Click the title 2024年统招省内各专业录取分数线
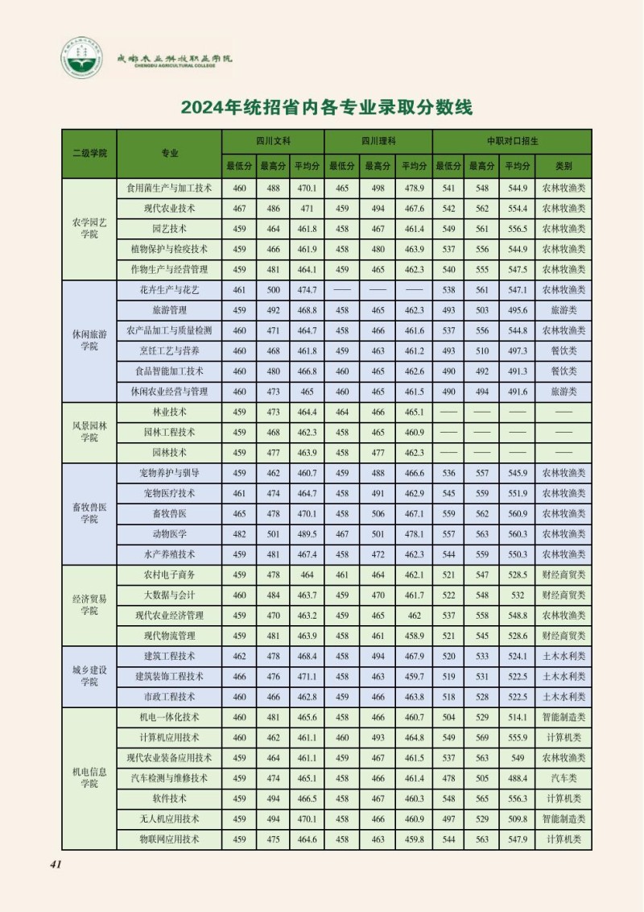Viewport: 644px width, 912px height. (326, 107)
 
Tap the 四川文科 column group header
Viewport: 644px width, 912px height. (273, 140)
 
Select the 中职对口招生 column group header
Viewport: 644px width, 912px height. (512, 140)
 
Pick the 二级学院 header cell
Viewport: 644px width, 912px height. (89, 153)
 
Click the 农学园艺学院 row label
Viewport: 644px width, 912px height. (89, 228)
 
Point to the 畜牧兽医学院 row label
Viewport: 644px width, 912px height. (89, 513)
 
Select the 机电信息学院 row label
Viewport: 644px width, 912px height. (89, 777)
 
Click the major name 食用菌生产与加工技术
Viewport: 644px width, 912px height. (169, 188)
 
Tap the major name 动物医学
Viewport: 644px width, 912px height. (169, 533)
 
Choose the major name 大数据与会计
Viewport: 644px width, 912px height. (169, 595)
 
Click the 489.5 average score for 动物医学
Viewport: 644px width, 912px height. (307, 533)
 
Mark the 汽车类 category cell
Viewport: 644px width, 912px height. (563, 778)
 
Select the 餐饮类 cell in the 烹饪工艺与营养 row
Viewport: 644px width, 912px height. (563, 350)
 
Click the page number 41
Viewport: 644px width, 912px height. (56, 864)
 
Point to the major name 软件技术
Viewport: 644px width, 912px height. (169, 798)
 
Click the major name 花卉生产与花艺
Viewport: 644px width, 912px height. (169, 289)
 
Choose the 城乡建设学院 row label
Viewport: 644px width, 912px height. (89, 676)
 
